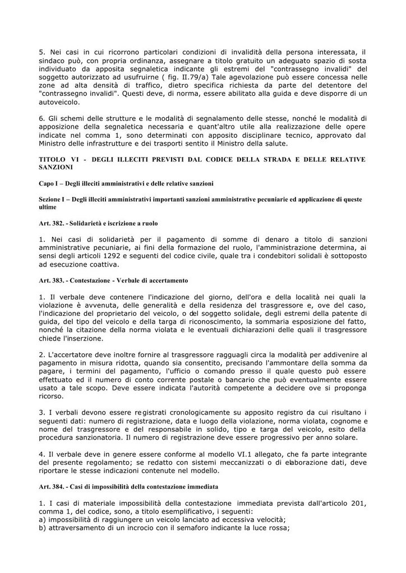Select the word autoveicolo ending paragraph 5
tap(63, 103)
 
